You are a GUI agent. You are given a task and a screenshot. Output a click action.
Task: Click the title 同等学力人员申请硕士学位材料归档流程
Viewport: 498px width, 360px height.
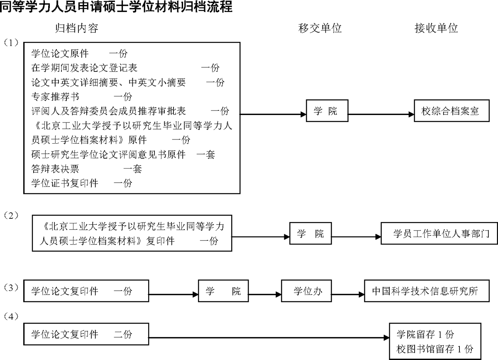click(x=116, y=7)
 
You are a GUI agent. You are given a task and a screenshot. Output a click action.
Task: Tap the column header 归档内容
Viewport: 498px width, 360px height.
click(x=77, y=28)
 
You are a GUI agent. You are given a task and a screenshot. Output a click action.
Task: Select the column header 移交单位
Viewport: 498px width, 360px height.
click(x=320, y=28)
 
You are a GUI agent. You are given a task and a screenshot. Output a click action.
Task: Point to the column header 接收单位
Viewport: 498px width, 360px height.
click(x=436, y=28)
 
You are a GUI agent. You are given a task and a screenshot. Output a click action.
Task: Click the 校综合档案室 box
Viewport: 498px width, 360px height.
click(x=450, y=111)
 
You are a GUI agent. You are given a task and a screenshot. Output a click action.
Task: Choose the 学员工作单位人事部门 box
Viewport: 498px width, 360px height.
click(x=442, y=234)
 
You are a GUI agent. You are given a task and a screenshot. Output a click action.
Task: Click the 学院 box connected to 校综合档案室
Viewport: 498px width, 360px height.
click(x=327, y=111)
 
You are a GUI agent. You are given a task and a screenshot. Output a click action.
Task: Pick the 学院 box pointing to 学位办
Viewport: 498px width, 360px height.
click(x=223, y=291)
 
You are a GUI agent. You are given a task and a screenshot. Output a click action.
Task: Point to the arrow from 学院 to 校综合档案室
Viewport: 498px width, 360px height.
click(x=381, y=114)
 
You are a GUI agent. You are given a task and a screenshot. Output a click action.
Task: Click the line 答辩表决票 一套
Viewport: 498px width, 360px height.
click(x=87, y=169)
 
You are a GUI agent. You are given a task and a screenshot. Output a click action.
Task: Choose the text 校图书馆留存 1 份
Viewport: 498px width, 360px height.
click(x=434, y=348)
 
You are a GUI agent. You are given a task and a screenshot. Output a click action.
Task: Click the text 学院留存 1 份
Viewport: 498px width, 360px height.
click(x=425, y=334)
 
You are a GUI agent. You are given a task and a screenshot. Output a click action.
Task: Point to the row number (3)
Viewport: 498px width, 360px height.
click(x=11, y=287)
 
